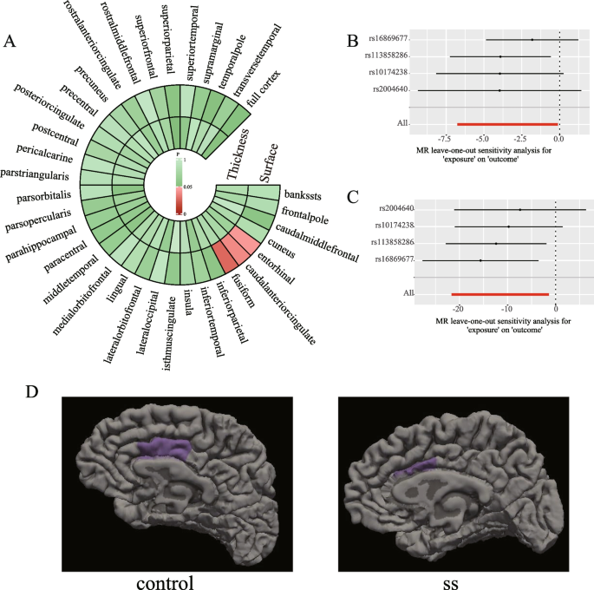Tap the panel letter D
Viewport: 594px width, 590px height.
tap(32, 392)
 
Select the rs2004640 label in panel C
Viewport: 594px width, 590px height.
tap(392, 208)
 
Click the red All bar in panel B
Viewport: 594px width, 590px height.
tap(506, 124)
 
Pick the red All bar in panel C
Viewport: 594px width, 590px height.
tap(499, 294)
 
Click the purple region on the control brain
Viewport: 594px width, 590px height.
tap(165, 449)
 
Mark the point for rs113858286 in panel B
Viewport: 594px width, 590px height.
tap(500, 56)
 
